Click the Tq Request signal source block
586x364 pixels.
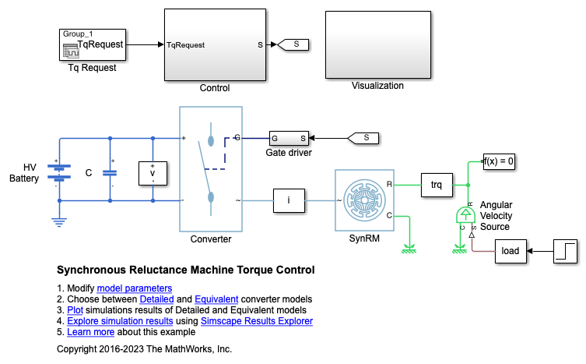tap(92, 44)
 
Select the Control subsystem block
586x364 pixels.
tap(214, 44)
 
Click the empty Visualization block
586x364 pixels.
tap(377, 44)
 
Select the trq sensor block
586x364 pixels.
tap(436, 185)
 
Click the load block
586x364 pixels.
tap(510, 251)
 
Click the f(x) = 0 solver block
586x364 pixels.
tap(500, 162)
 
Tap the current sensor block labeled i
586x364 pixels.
tap(289, 200)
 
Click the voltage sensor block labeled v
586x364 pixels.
tap(153, 173)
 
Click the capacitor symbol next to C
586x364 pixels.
tap(110, 173)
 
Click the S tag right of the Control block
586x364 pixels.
tap(295, 44)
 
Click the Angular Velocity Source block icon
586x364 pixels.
tap(465, 215)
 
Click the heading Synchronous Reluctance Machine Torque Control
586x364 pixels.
tap(186, 270)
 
